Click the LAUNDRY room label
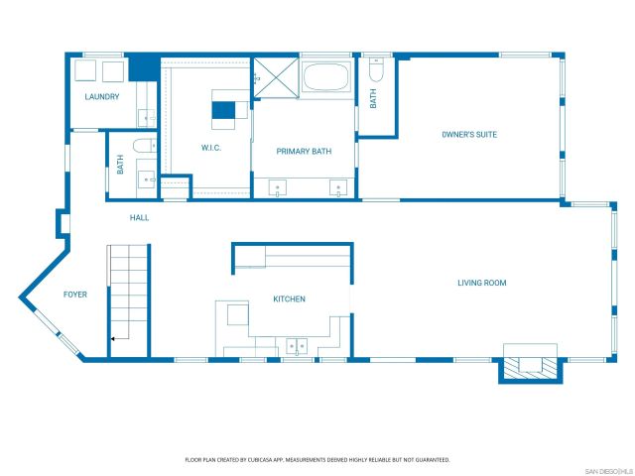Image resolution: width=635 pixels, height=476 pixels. (102, 97)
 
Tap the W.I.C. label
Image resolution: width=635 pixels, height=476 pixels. (210, 148)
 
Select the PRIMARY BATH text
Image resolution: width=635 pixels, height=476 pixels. (304, 152)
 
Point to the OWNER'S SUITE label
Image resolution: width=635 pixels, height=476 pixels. (469, 134)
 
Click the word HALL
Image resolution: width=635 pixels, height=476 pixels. (140, 217)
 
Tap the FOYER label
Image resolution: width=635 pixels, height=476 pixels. (75, 295)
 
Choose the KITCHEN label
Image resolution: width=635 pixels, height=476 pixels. (290, 299)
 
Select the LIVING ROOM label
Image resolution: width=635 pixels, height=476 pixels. (482, 284)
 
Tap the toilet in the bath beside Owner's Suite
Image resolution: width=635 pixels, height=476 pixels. (375, 71)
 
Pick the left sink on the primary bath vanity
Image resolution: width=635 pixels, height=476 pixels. (276, 187)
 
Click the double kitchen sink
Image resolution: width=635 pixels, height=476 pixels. (296, 345)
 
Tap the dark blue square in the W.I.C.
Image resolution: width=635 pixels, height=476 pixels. (225, 110)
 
